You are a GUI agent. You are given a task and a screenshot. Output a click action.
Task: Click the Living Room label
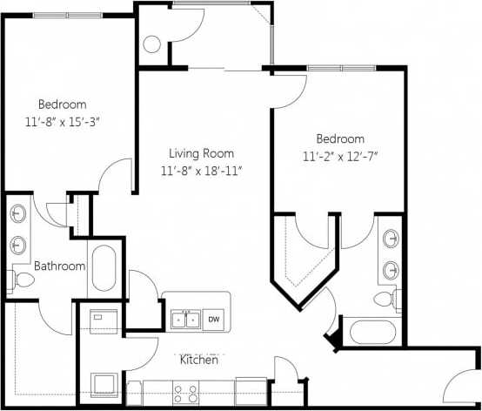pyautogui.click(x=200, y=152)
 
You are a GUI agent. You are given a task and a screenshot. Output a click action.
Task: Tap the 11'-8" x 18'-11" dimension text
pyautogui.click(x=201, y=171)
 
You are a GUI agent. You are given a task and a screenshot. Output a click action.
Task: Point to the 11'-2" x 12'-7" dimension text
pyautogui.click(x=340, y=157)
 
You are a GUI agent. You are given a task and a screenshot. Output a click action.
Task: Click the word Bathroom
pyautogui.click(x=59, y=266)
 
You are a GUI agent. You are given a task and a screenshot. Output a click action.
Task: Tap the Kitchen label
pyautogui.click(x=198, y=359)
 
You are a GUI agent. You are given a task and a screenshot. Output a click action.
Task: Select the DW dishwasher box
pyautogui.click(x=214, y=320)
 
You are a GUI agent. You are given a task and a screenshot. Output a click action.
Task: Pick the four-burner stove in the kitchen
pyautogui.click(x=186, y=393)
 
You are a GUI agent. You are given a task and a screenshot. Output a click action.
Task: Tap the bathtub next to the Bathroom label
pyautogui.click(x=104, y=269)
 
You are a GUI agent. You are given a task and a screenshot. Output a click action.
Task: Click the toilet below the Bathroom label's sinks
pyautogui.click(x=23, y=280)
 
